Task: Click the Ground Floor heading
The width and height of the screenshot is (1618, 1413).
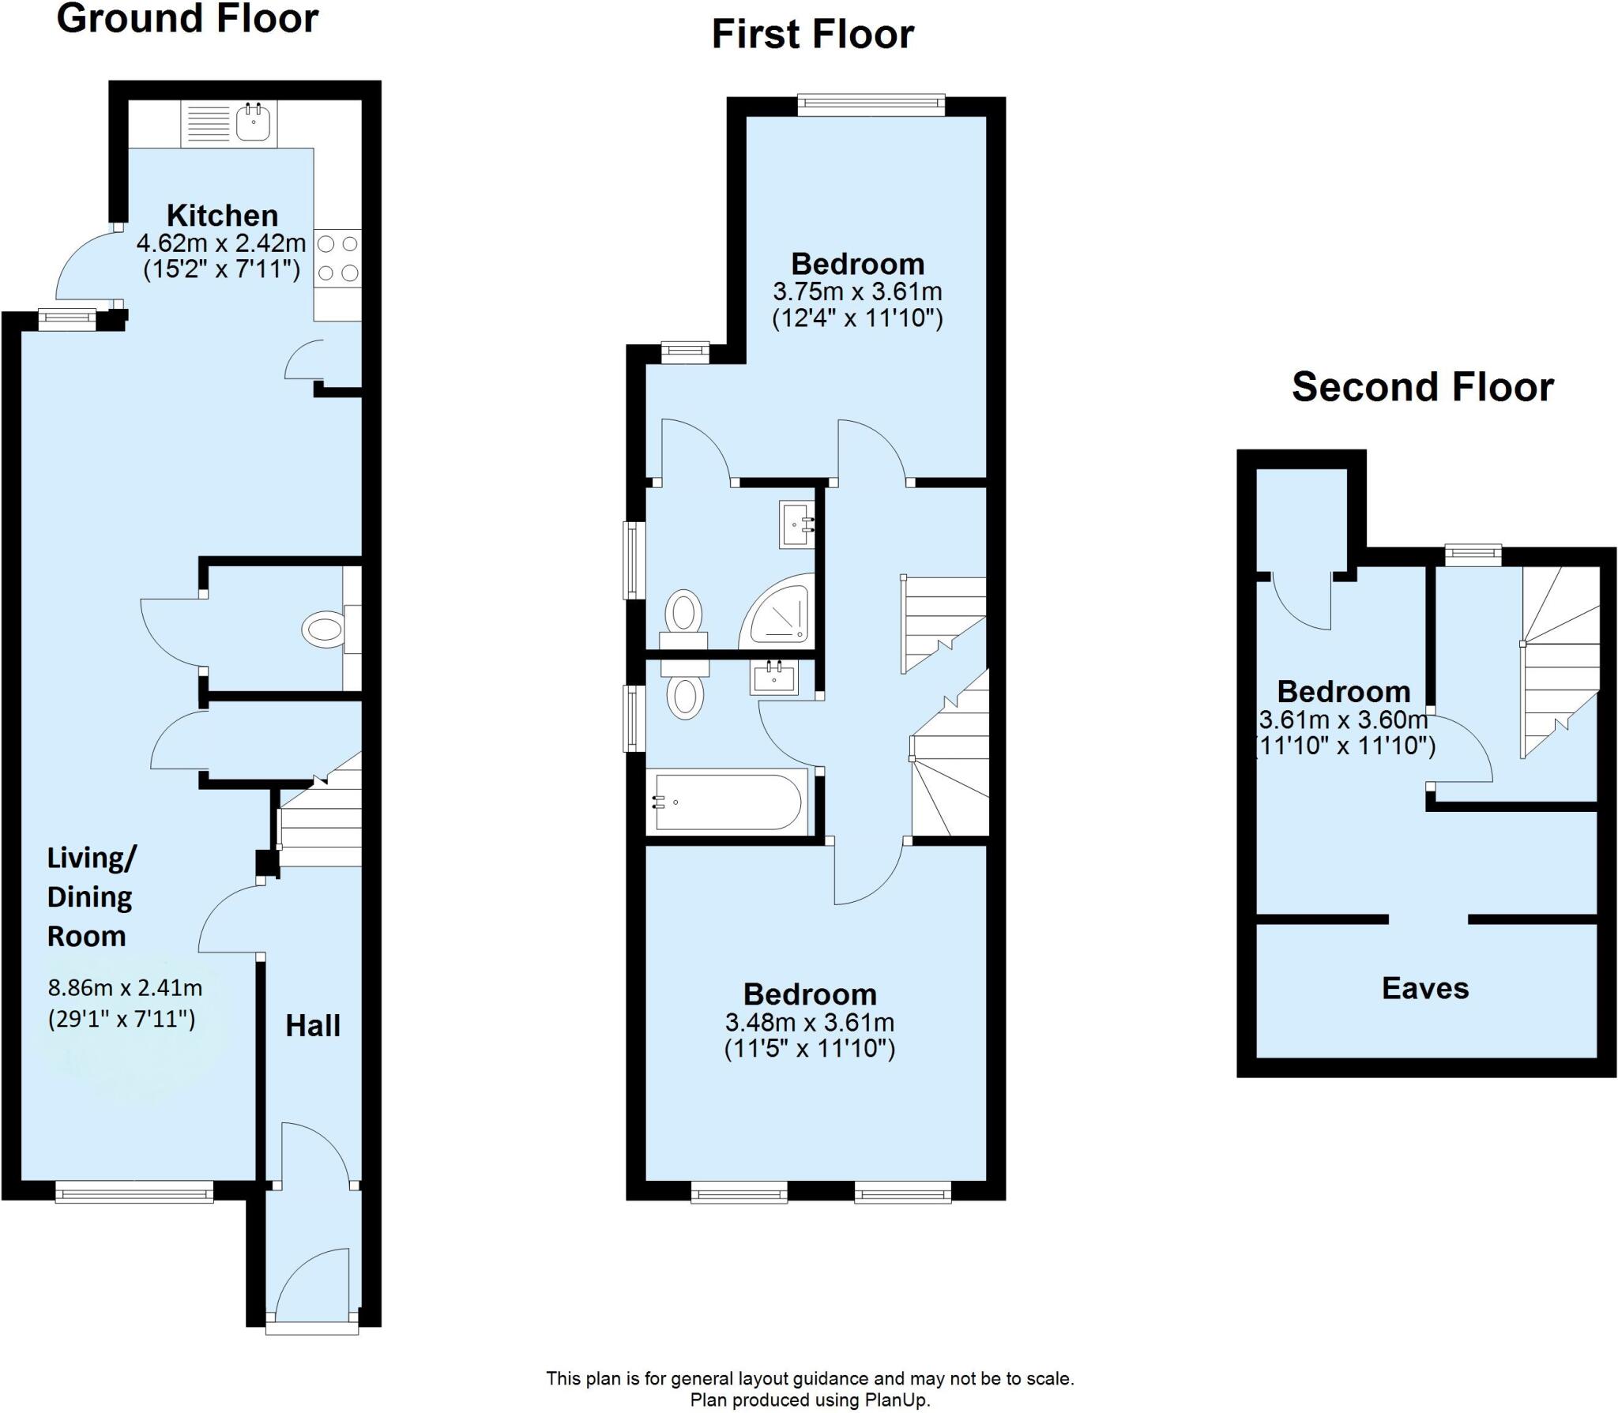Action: [x=187, y=19]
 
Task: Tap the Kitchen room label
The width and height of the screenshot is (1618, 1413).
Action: [x=222, y=216]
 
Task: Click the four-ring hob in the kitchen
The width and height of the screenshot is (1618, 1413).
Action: [x=337, y=258]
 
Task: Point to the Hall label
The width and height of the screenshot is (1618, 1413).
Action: [x=313, y=1026]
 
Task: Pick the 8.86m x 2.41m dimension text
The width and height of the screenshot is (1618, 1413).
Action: [x=125, y=987]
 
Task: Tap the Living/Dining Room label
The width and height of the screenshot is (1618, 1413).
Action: [x=90, y=896]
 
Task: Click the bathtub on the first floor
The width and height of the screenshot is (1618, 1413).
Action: [x=727, y=802]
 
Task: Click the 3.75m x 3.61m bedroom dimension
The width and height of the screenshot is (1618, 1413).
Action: [x=857, y=291]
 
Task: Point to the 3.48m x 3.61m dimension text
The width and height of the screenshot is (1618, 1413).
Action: [x=810, y=1022]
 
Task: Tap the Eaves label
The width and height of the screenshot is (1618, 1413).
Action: [x=1425, y=988]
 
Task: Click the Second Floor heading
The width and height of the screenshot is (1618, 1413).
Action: [x=1422, y=387]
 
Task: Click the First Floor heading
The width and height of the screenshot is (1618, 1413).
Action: [x=812, y=35]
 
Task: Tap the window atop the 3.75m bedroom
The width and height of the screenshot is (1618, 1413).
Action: [x=871, y=102]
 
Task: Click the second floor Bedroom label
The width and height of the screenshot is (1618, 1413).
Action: [x=1343, y=692]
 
